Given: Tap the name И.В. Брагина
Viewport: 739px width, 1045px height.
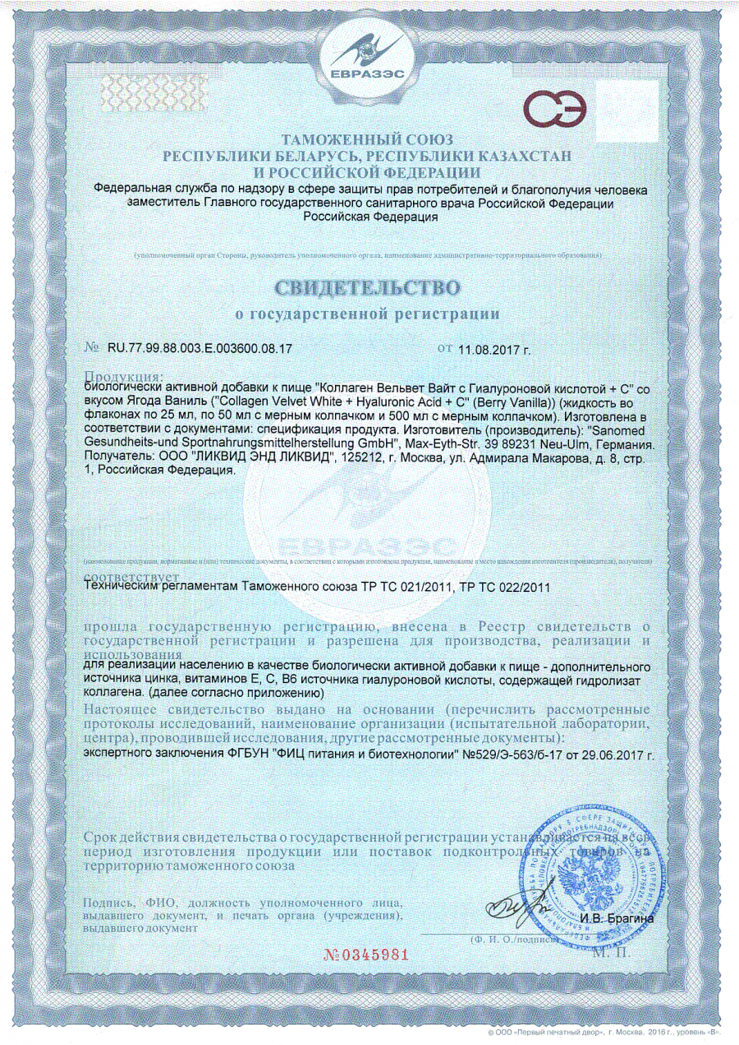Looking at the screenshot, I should click(617, 919).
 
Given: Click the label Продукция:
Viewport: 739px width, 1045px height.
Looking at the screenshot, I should click(124, 376).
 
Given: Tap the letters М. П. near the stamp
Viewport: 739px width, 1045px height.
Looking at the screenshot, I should click(609, 952).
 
